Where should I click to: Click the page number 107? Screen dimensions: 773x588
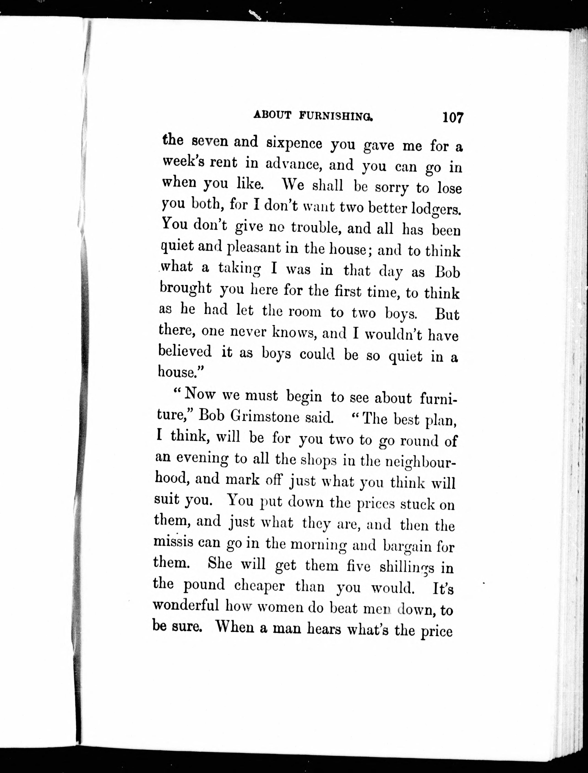point(453,117)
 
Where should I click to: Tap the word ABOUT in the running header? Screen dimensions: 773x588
point(272,115)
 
